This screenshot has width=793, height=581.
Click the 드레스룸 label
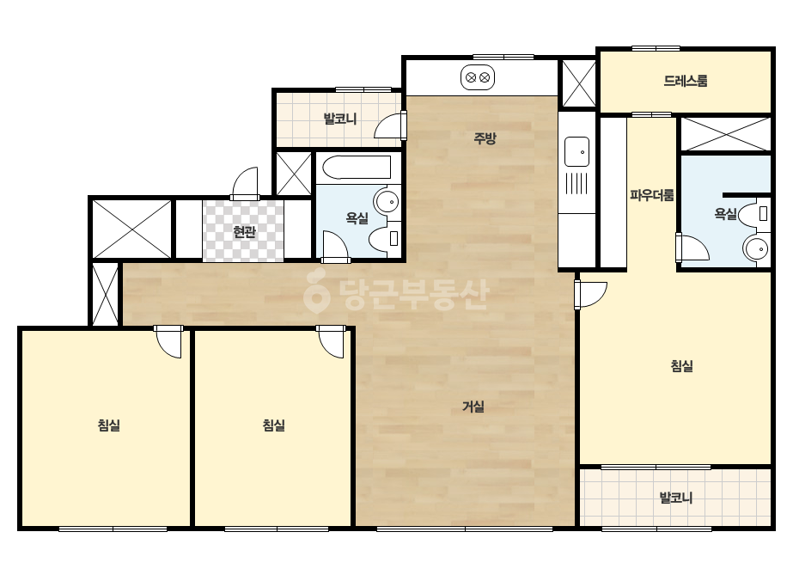pyautogui.click(x=686, y=81)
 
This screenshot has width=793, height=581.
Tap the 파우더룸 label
pyautogui.click(x=651, y=195)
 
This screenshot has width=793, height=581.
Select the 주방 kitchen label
pyautogui.click(x=485, y=138)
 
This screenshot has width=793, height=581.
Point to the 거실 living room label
pyautogui.click(x=473, y=407)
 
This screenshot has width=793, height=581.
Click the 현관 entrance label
pyautogui.click(x=244, y=232)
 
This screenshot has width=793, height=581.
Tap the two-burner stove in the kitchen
pyautogui.click(x=478, y=78)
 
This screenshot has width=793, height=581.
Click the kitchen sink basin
pyautogui.click(x=576, y=151)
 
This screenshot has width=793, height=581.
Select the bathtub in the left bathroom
pyautogui.click(x=357, y=168)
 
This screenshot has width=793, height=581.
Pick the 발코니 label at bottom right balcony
pyautogui.click(x=675, y=498)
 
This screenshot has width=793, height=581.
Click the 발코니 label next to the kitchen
pyautogui.click(x=340, y=119)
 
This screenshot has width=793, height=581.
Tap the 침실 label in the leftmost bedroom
pyautogui.click(x=109, y=425)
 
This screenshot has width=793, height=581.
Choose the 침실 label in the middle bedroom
pyautogui.click(x=273, y=425)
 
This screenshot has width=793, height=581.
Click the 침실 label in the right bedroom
pyautogui.click(x=681, y=366)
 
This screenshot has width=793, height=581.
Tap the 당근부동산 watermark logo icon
pyautogui.click(x=316, y=291)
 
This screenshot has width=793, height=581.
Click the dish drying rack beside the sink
pyautogui.click(x=576, y=183)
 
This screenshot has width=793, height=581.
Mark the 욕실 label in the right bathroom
pyautogui.click(x=725, y=214)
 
